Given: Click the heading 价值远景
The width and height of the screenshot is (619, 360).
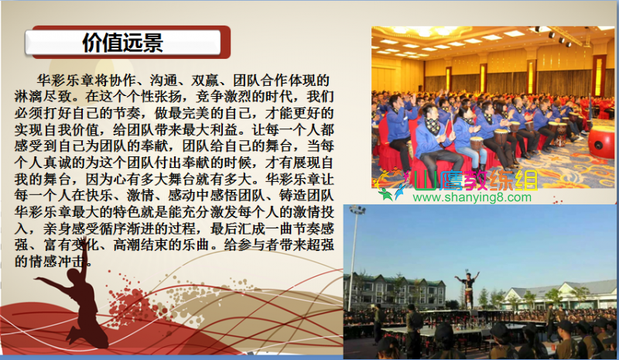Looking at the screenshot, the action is click(123, 43).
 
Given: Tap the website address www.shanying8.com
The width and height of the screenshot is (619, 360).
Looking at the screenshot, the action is click(472, 197).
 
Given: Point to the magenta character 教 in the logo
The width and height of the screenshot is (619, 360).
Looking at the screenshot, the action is click(476, 180).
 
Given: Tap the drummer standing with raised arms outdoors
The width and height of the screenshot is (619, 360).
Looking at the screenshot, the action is click(468, 289).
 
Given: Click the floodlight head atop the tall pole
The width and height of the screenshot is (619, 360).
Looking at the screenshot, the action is click(357, 210).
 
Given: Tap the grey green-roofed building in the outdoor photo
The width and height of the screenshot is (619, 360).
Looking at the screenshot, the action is click(395, 290).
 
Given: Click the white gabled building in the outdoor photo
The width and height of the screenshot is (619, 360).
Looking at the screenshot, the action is click(560, 293).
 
